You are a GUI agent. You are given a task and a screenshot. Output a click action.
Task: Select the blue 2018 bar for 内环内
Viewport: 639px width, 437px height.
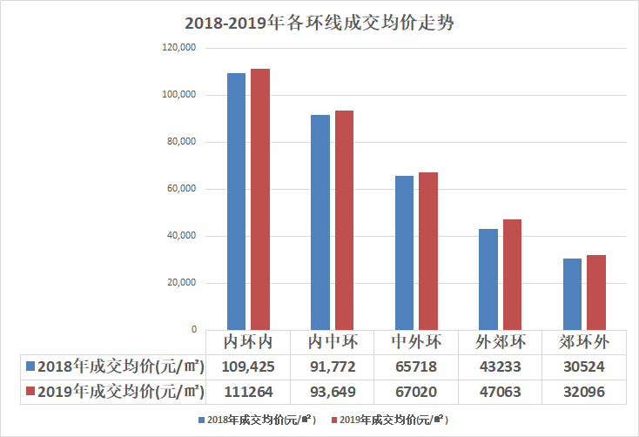pos(236,201)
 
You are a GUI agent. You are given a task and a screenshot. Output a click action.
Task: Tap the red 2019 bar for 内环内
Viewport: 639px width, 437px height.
pos(259,199)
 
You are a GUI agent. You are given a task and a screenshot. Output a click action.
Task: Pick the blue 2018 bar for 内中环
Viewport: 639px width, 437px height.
pos(320,222)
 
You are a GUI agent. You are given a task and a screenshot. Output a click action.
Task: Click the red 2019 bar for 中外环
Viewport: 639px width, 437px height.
pos(428,251)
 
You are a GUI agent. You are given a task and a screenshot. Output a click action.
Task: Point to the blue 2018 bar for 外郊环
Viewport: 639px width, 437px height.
pos(488,279)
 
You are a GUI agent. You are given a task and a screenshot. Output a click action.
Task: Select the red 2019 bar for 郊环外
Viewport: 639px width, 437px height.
pos(596,292)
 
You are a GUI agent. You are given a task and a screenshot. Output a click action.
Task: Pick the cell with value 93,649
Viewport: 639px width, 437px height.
pos(333,392)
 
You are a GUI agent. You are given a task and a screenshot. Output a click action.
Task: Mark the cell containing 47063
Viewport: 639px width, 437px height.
pos(501,392)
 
